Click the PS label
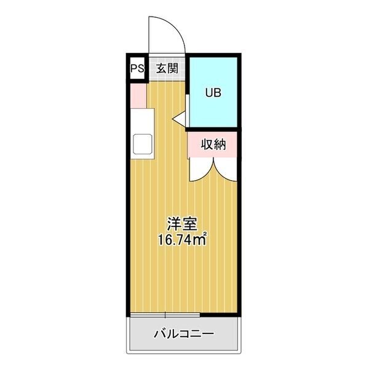(x=137, y=69)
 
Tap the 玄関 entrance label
(x=167, y=69)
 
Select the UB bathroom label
(x=213, y=93)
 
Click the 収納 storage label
(x=213, y=145)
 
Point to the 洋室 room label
(x=182, y=224)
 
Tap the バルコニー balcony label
(x=184, y=334)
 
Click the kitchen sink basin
(x=143, y=144)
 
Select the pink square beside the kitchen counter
(x=138, y=96)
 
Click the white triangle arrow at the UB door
(x=180, y=119)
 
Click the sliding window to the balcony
(x=165, y=315)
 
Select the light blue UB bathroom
(x=213, y=92)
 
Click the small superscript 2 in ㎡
(x=205, y=234)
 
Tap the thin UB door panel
(x=188, y=111)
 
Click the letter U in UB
(x=209, y=93)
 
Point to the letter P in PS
(x=134, y=69)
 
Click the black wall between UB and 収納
(x=213, y=129)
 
